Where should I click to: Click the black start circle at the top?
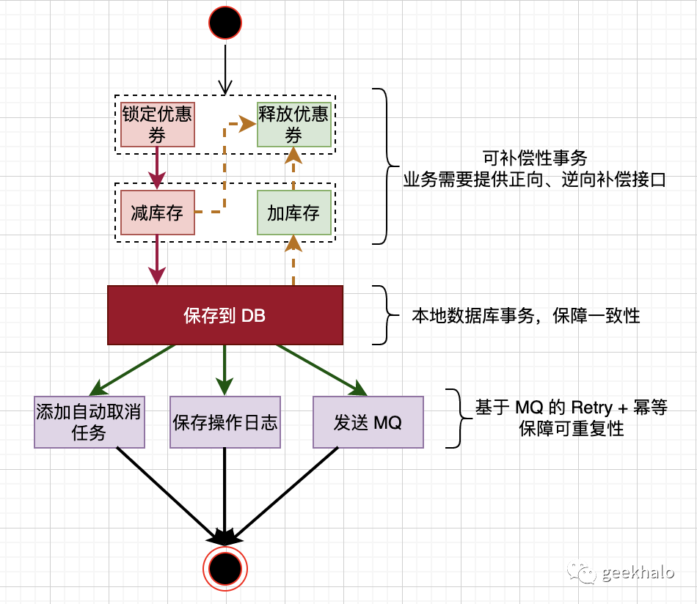[x=225, y=23]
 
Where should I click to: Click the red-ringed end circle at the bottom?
[x=225, y=568]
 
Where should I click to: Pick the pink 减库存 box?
[x=157, y=213]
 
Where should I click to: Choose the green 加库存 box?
[x=293, y=213]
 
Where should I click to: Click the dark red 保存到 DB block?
[x=225, y=315]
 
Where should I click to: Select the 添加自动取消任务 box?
[x=90, y=421]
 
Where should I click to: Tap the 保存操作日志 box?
[x=225, y=421]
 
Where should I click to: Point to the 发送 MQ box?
[x=368, y=421]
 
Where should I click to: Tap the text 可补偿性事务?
[x=534, y=157]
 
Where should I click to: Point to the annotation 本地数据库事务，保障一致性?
[x=525, y=316]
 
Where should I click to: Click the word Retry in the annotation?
[x=591, y=408]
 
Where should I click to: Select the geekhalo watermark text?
[x=637, y=572]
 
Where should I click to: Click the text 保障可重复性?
[x=572, y=430]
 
